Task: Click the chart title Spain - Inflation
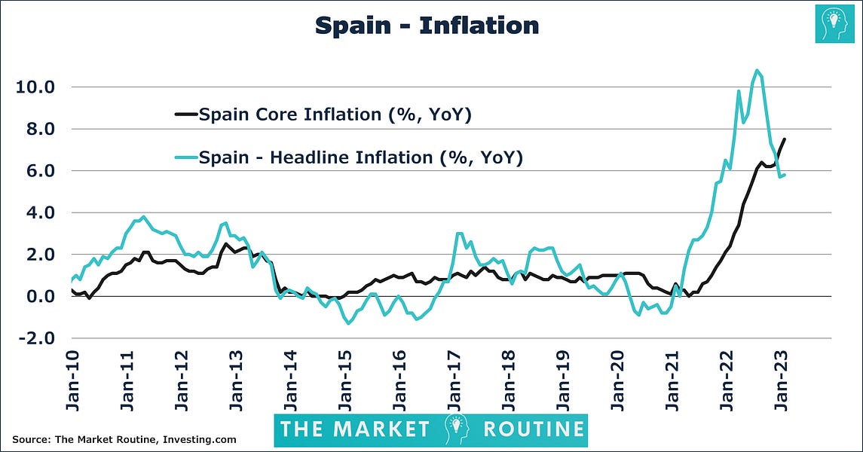(427, 26)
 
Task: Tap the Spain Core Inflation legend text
(335, 115)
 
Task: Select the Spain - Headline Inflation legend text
(361, 157)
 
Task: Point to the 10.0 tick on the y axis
(35, 87)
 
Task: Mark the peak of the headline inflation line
(756, 71)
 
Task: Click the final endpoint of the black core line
(785, 139)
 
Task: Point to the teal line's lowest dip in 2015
(348, 323)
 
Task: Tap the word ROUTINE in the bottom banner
(534, 429)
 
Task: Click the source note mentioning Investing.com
(124, 439)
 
